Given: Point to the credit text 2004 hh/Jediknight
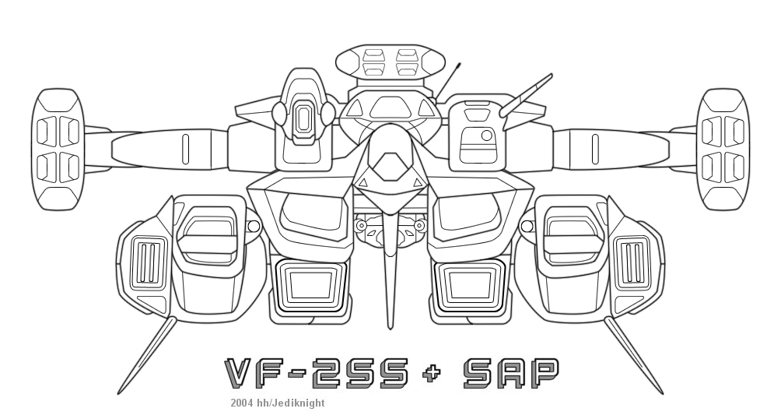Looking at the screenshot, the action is click(278, 403).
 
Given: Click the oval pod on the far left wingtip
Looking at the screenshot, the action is click(58, 150).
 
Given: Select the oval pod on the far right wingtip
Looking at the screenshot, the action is click(722, 150).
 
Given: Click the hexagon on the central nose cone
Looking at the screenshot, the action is click(391, 167).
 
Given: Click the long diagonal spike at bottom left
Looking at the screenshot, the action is click(147, 355).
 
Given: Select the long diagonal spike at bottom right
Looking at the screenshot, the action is click(634, 355).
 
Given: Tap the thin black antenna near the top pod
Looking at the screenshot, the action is click(448, 81).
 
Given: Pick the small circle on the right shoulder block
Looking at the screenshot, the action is click(487, 136).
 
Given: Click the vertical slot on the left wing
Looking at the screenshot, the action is click(185, 149).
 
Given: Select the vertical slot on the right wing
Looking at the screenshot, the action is click(595, 149).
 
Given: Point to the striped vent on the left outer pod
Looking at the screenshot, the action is click(147, 262).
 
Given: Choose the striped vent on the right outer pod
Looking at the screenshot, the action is click(633, 262).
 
